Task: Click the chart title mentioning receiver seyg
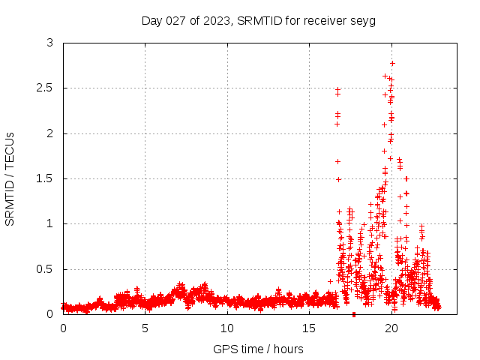click(x=259, y=20)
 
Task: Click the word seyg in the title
click(x=362, y=20)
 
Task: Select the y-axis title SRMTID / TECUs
click(x=10, y=178)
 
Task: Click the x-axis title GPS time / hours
click(x=259, y=349)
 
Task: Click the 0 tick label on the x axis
click(x=64, y=328)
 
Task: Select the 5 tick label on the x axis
click(x=145, y=328)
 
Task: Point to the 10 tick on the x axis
click(x=227, y=328)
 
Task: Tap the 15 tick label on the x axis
click(x=310, y=328)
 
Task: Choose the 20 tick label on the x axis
click(x=391, y=328)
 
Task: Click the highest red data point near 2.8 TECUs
click(x=392, y=63)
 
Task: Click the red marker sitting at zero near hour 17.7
click(x=354, y=313)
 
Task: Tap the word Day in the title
click(x=151, y=20)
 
